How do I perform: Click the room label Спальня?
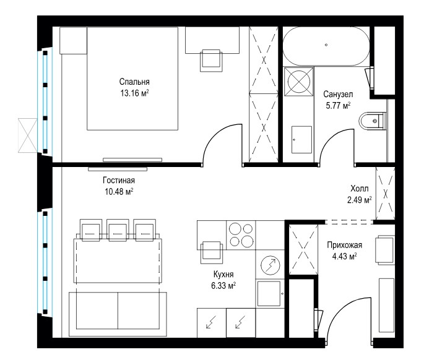pos(134,82)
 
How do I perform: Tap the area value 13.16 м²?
pos(134,93)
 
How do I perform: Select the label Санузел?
pos(338,94)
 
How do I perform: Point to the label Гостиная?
pos(119,180)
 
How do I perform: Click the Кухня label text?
pos(223,274)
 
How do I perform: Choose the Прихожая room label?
pos(345,245)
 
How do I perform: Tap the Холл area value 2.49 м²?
pos(360,200)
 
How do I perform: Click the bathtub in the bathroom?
pos(326,46)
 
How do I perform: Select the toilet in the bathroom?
pos(372,121)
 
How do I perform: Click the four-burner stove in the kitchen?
pos(241,235)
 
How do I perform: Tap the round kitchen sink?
pos(270,265)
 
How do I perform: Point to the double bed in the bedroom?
pos(132,79)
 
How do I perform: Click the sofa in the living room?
pos(118,314)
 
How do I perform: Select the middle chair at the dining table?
pos(117,229)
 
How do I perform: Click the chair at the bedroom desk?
pos(211,61)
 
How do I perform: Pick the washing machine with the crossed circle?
pos(299,82)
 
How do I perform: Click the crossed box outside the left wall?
pos(28,135)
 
